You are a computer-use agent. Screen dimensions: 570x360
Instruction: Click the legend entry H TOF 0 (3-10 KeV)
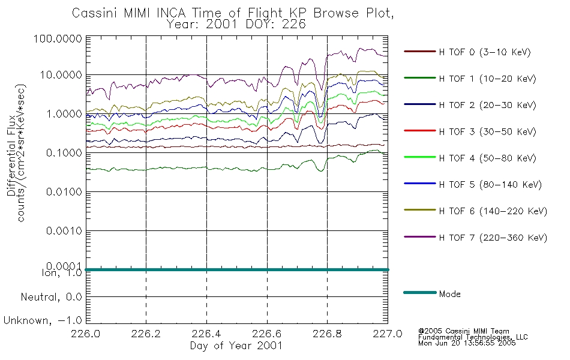pyautogui.click(x=485, y=52)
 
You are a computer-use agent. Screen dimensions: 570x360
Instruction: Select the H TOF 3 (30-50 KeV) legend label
pyautogui.click(x=487, y=131)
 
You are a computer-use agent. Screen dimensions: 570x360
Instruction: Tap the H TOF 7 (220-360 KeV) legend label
pyautogui.click(x=493, y=238)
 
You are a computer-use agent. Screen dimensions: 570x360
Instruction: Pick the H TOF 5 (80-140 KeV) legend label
pyautogui.click(x=490, y=185)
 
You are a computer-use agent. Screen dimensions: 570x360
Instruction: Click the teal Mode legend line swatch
pyautogui.click(x=420, y=292)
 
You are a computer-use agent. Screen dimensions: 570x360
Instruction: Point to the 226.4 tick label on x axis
pyautogui.click(x=206, y=334)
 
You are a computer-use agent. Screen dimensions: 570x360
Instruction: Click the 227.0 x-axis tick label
pyautogui.click(x=388, y=334)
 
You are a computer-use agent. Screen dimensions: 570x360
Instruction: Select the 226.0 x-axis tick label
pyautogui.click(x=86, y=334)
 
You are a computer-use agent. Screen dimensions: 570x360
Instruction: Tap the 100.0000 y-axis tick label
pyautogui.click(x=58, y=38)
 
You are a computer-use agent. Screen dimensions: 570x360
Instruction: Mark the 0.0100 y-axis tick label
pyautogui.click(x=64, y=191)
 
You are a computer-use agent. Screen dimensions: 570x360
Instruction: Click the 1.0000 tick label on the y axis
pyautogui.click(x=64, y=114)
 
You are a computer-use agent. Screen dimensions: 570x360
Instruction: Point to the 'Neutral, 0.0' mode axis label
pyautogui.click(x=51, y=297)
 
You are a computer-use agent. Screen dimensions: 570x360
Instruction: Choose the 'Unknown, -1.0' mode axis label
pyautogui.click(x=43, y=320)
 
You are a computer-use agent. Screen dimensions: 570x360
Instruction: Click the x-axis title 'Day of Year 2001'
pyautogui.click(x=236, y=346)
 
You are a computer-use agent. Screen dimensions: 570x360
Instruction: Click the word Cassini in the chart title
pyautogui.click(x=96, y=13)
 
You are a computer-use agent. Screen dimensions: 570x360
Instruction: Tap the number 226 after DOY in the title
pyautogui.click(x=294, y=25)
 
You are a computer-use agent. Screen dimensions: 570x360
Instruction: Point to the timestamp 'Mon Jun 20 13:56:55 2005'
pyautogui.click(x=467, y=343)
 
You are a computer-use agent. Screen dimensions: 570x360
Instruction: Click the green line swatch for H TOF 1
pyautogui.click(x=420, y=78)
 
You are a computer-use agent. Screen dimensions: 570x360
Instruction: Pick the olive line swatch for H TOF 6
pyautogui.click(x=420, y=210)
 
